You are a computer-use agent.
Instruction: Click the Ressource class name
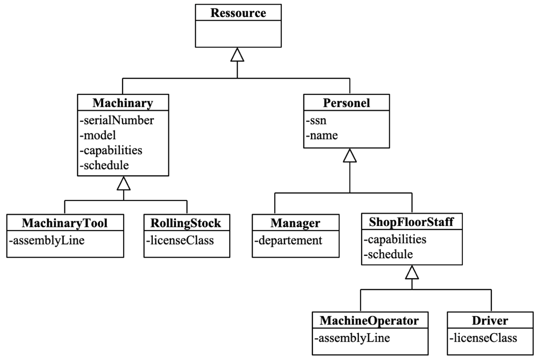(238, 13)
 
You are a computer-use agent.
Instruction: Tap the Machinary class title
(123, 104)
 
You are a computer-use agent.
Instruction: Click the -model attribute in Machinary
(98, 135)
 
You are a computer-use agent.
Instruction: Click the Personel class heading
(349, 104)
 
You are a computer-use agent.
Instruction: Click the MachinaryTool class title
(64, 224)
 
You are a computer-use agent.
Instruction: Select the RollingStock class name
(187, 224)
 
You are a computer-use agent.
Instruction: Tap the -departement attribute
(289, 240)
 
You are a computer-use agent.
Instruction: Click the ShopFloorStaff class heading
(412, 224)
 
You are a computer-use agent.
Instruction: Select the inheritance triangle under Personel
(350, 155)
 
